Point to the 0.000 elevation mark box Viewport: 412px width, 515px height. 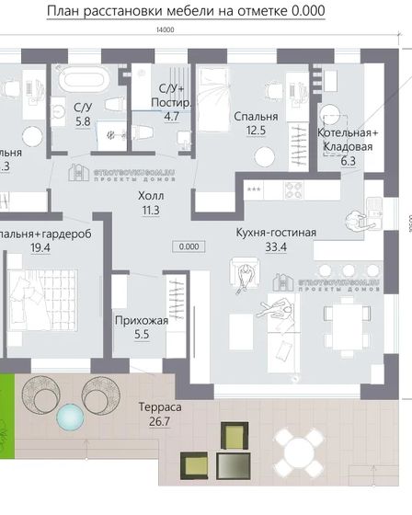click(190, 246)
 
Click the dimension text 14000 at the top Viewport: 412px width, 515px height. click(166, 30)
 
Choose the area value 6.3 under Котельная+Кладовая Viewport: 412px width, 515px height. click(347, 161)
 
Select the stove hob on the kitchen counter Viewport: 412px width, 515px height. click(296, 191)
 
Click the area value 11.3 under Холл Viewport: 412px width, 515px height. click(150, 211)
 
